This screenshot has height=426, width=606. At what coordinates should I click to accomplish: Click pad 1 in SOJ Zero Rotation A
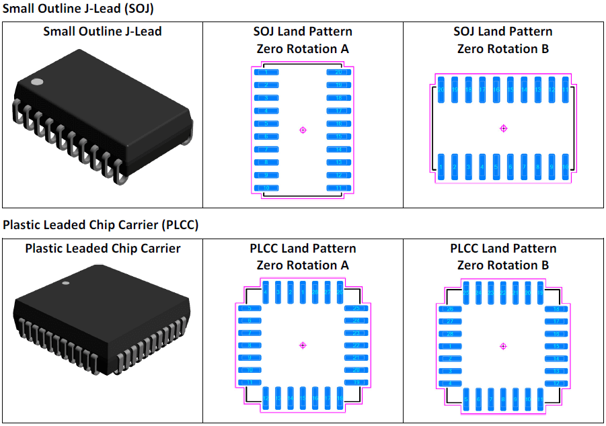266,72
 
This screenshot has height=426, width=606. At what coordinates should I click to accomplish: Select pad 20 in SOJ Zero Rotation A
339,72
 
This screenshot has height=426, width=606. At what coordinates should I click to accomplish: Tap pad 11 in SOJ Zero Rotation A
339,188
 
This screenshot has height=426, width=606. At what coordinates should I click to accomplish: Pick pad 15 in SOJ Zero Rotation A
339,136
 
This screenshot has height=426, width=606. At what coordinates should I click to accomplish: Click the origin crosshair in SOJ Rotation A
303,130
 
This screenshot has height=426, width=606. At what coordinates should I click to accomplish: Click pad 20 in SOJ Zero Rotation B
441,89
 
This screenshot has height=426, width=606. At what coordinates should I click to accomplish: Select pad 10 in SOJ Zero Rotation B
566,167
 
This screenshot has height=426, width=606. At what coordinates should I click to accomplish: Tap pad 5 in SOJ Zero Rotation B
496,167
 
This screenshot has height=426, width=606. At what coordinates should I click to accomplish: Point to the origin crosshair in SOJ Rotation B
504,128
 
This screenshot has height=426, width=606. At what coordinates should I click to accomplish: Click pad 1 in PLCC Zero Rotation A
303,292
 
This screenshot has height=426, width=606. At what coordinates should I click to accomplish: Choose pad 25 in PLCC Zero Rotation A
356,308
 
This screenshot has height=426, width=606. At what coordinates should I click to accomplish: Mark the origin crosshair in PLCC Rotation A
303,345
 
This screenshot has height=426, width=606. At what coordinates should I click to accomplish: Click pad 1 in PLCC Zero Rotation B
449,347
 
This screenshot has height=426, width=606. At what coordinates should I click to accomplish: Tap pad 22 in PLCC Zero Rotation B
503,293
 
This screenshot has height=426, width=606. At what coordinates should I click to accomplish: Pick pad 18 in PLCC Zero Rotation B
557,309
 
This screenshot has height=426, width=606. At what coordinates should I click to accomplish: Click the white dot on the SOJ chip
38,82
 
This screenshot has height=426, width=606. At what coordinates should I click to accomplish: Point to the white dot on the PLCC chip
66,283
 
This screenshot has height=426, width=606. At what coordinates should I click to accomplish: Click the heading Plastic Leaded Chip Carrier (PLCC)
101,224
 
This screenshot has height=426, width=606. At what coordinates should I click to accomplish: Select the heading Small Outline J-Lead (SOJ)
79,9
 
